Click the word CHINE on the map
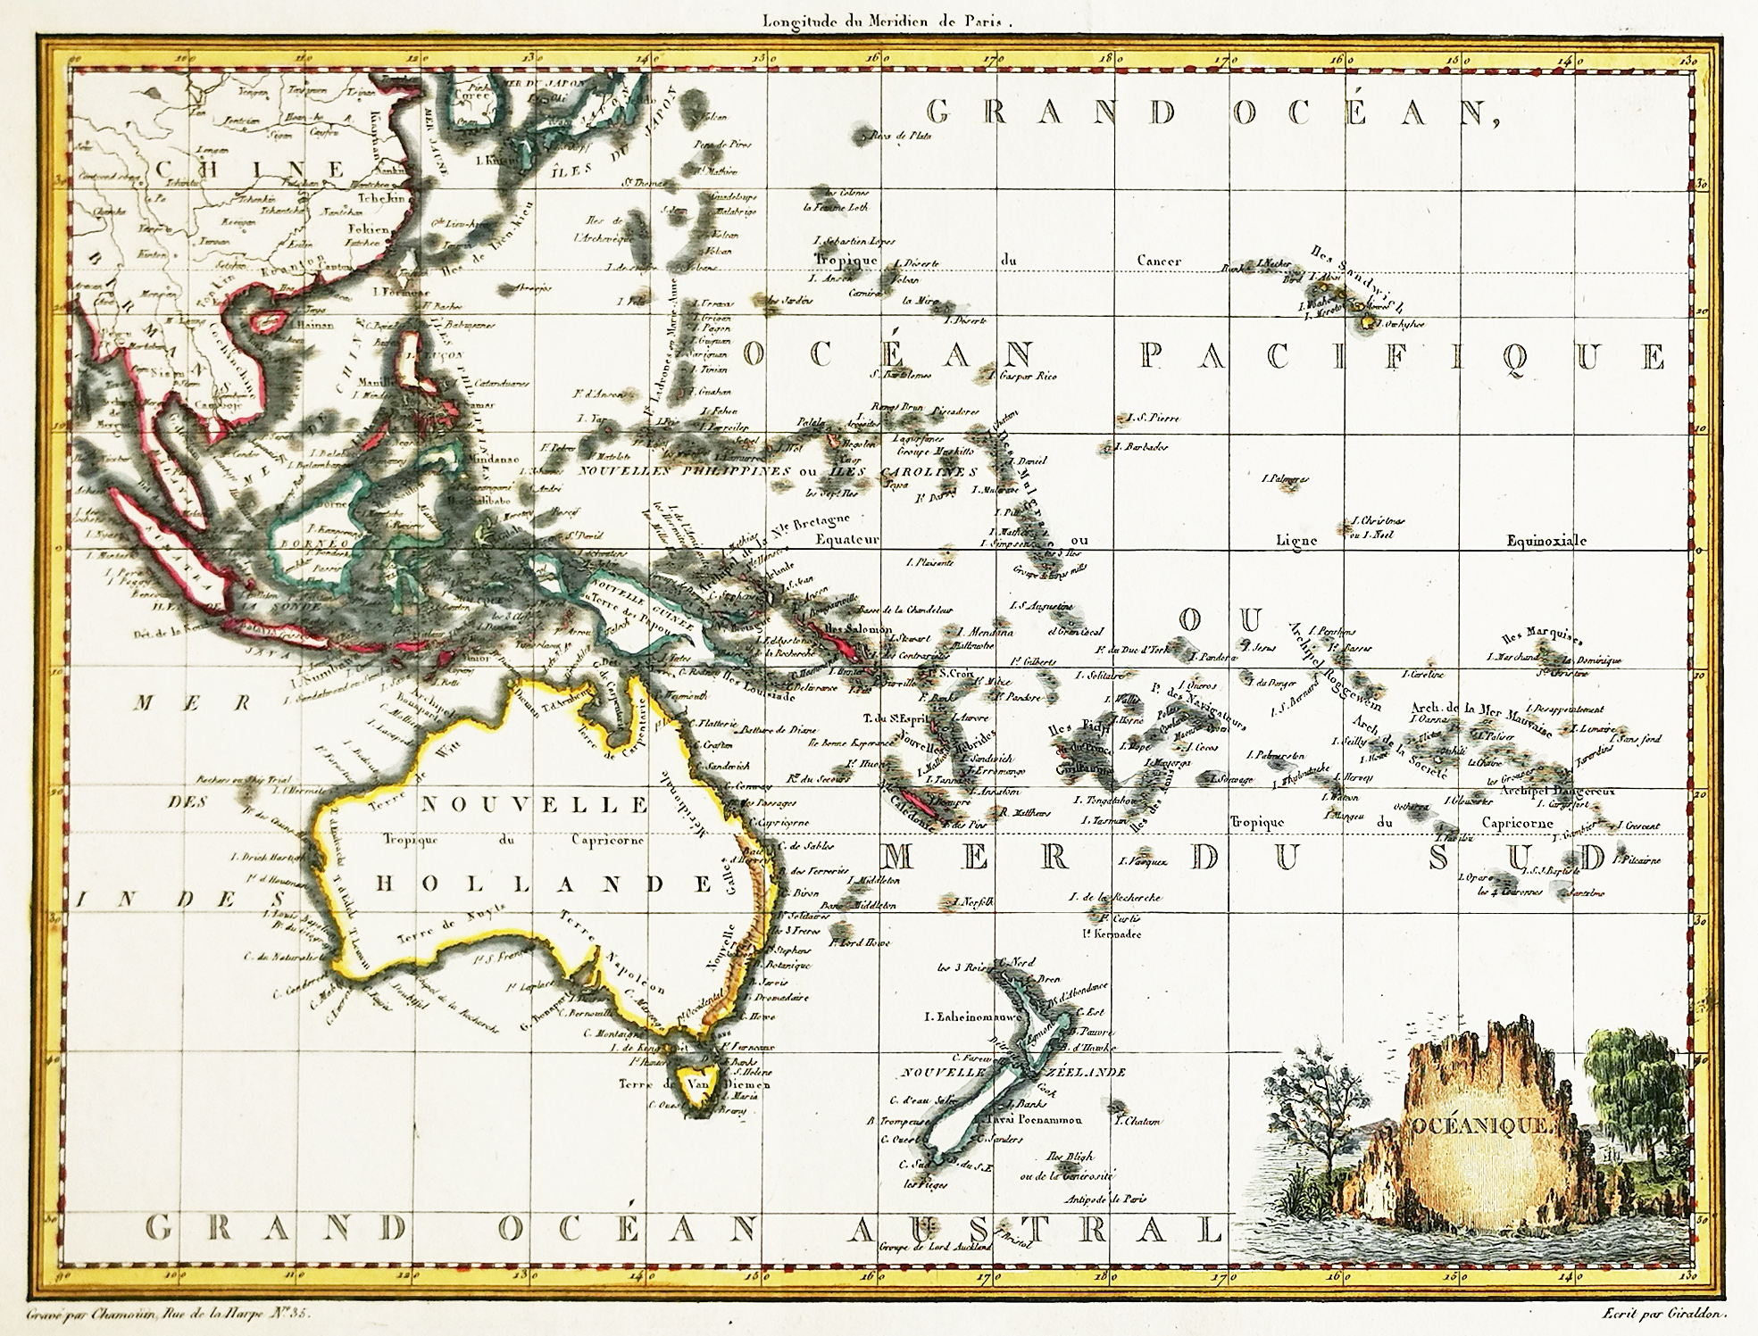[x=250, y=170]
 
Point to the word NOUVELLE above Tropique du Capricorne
[x=533, y=804]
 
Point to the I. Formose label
[x=396, y=292]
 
